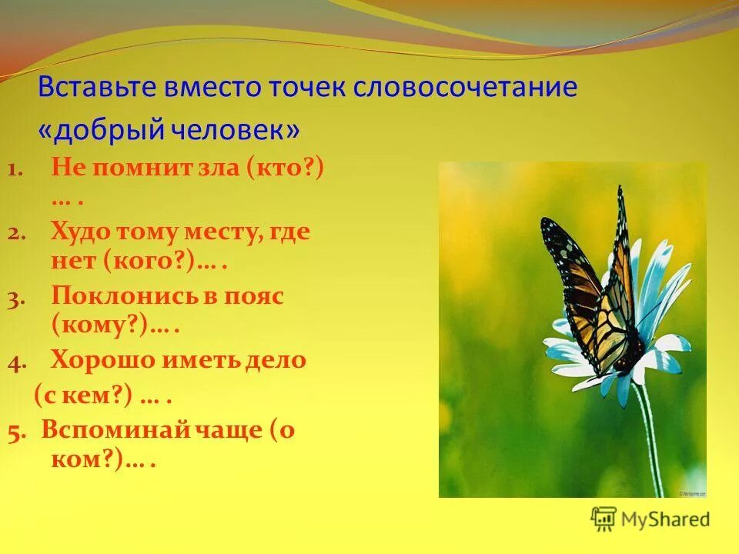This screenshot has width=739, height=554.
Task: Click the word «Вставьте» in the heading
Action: (x=98, y=87)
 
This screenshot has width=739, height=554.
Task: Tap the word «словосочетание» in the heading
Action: (x=465, y=87)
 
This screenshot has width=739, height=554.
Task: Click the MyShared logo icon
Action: (x=604, y=519)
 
